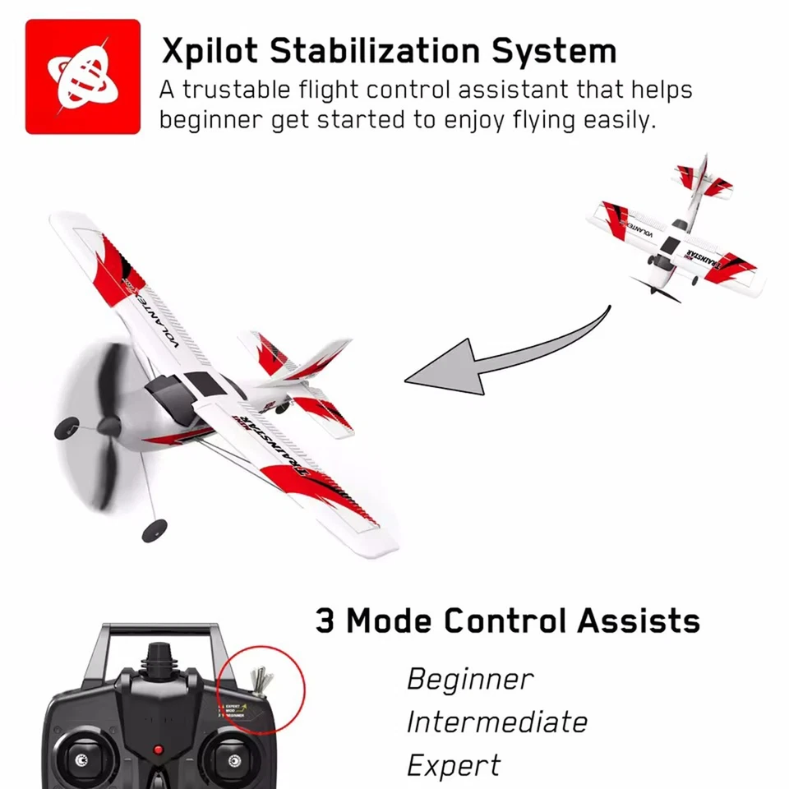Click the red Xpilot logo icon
click(x=81, y=76)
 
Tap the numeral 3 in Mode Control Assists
click(x=325, y=621)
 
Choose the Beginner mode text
click(x=470, y=680)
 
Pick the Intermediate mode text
click(x=497, y=722)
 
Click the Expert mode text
click(x=453, y=766)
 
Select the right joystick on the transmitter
click(x=232, y=757)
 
